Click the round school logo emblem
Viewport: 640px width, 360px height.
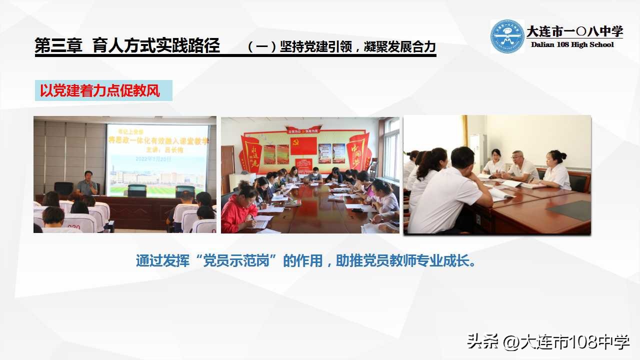[507, 36]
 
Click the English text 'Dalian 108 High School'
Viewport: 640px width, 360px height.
[572, 45]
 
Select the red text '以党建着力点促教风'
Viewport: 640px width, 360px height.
[100, 91]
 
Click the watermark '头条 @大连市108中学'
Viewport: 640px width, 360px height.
[548, 342]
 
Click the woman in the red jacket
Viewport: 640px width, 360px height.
[238, 210]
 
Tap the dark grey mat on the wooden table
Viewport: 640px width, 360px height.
[572, 210]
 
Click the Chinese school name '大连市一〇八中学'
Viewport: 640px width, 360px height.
[574, 31]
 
